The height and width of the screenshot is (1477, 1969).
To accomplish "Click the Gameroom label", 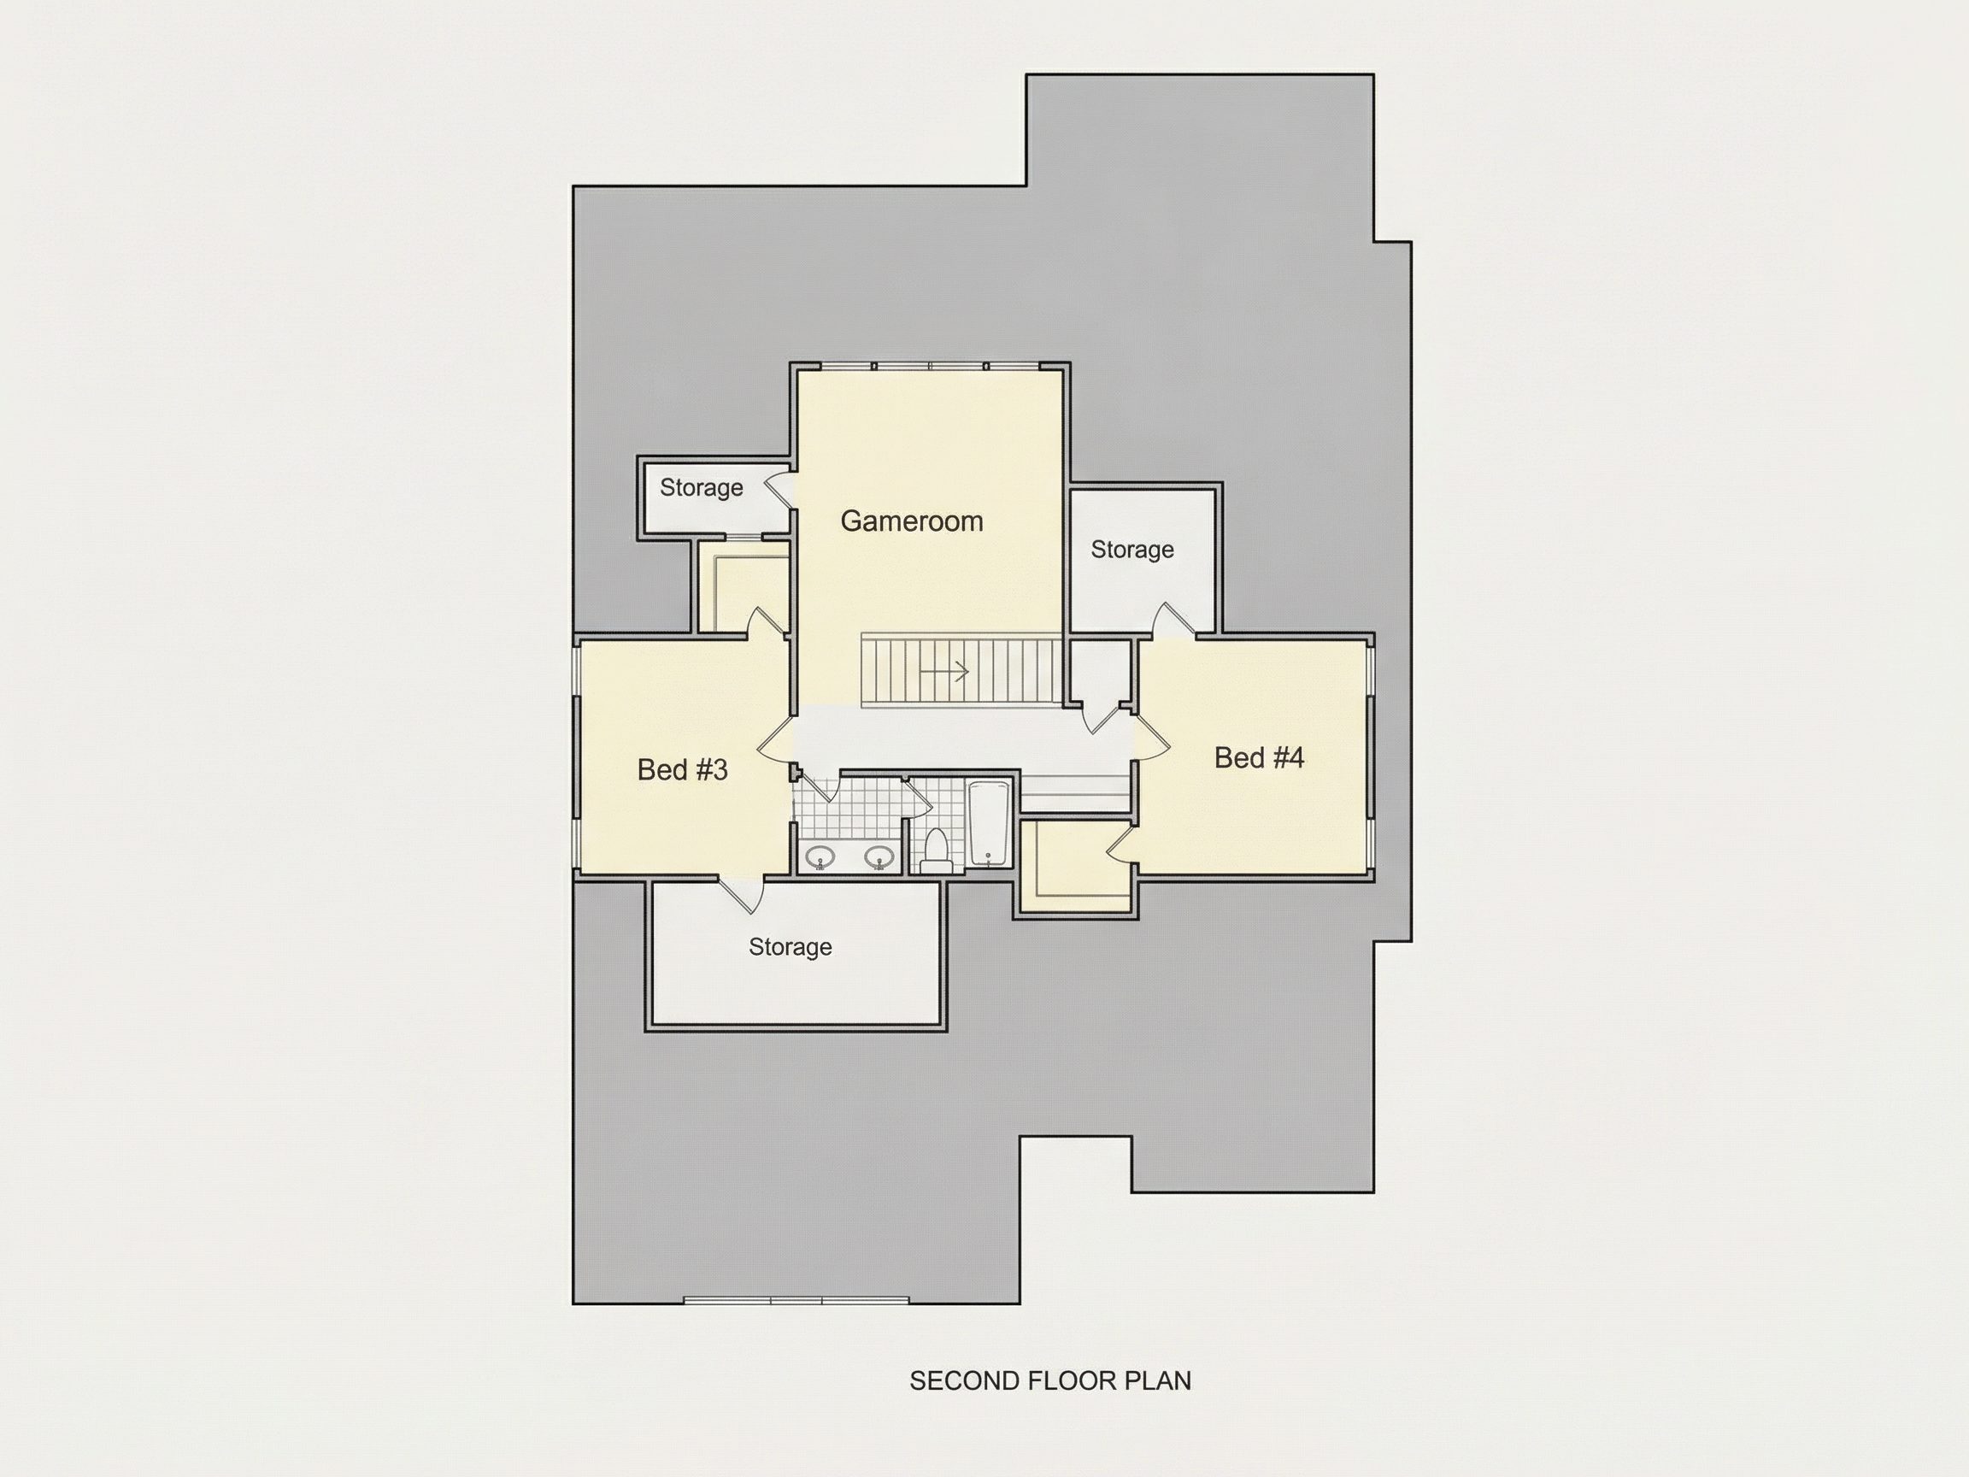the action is [912, 521].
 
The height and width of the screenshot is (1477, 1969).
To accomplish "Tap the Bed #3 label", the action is [683, 769].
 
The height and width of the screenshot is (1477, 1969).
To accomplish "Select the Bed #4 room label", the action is [1259, 757].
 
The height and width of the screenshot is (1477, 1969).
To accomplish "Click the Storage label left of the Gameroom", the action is [702, 488].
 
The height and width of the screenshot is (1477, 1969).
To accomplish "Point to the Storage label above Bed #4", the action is [1132, 550].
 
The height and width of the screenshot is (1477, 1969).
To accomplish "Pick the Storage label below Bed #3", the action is [791, 946].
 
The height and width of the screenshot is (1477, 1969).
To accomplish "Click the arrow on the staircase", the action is [944, 670].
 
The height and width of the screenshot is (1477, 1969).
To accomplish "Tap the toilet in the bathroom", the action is [936, 850].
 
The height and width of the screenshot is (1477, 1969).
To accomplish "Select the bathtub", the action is [989, 823].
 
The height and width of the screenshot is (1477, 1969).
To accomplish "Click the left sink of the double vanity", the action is [820, 856].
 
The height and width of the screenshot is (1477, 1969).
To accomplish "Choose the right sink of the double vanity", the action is [879, 856].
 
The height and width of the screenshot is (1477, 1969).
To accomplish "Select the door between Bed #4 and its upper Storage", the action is [1174, 621].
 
